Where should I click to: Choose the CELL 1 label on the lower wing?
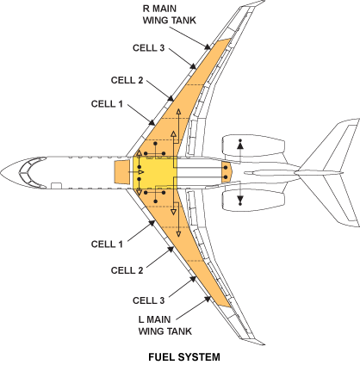tap(109, 244)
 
